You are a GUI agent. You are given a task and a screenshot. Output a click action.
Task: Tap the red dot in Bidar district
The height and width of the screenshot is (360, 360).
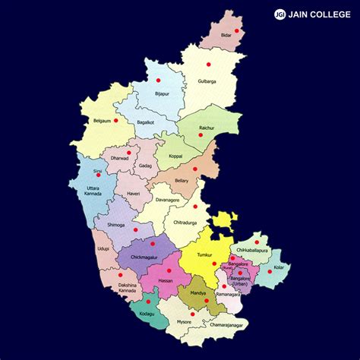point(237,30)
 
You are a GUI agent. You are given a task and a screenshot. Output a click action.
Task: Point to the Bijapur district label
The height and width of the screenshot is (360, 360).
point(162,93)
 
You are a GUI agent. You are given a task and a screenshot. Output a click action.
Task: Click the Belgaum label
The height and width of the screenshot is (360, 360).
point(102,120)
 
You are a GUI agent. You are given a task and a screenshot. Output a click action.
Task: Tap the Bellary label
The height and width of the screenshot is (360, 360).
point(182,182)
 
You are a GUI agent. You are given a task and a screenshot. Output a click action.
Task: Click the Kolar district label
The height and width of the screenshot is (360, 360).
point(280,267)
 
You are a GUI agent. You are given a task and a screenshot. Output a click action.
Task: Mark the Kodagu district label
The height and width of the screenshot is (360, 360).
point(147,313)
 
